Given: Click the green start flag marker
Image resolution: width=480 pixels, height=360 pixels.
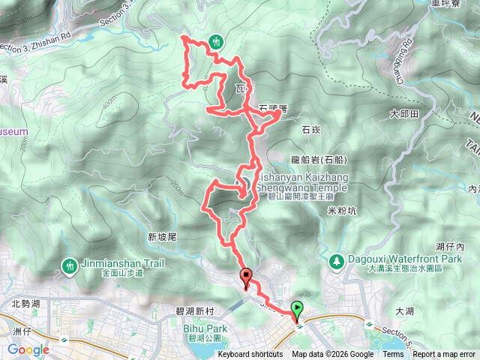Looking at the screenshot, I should click(298, 308).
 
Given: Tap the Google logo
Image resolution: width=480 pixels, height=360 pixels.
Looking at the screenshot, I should click(28, 349).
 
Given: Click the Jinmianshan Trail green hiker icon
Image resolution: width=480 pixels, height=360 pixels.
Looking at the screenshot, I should click(70, 265).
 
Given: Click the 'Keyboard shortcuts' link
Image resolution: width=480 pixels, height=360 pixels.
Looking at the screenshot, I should click(250, 355).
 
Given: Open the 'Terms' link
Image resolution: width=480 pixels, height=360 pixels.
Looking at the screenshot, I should click(393, 355).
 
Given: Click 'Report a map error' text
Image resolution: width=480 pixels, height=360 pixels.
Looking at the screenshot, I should click(444, 355).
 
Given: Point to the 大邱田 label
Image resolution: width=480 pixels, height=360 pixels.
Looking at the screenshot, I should click(403, 114).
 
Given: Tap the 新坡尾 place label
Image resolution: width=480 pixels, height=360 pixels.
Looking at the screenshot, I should click(161, 237).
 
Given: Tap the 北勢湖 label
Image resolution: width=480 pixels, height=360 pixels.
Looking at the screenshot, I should click(26, 304).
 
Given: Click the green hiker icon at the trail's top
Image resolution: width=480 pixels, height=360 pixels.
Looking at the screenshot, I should click(216, 41).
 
